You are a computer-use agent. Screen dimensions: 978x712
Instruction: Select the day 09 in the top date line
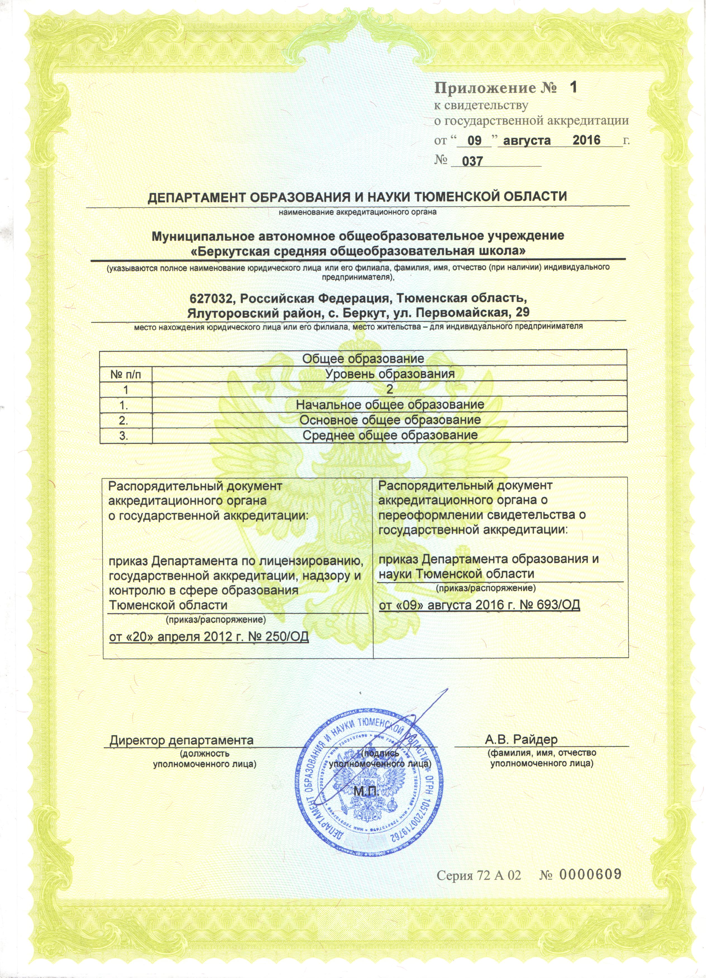(x=474, y=141)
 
